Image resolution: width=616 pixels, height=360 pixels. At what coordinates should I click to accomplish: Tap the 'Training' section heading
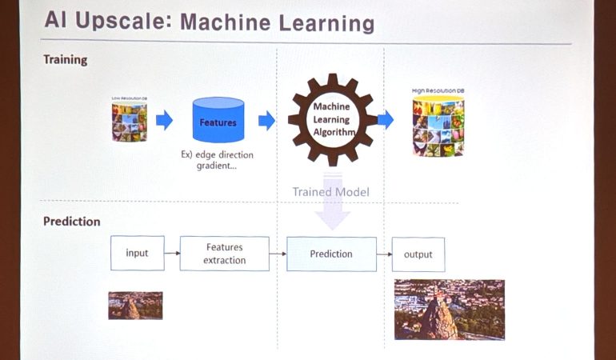coord(65,60)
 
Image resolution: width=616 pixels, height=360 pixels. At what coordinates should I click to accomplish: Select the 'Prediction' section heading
coord(71,222)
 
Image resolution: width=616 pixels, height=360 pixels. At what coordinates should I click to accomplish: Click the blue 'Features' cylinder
coord(218,122)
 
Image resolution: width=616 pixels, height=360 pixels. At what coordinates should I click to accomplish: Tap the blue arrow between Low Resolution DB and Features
coord(165,121)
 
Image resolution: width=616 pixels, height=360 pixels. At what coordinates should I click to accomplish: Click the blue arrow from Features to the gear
coord(266,121)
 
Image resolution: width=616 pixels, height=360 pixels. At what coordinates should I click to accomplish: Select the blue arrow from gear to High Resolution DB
coord(385,120)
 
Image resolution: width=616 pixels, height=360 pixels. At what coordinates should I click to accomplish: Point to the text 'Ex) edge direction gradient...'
coord(218,157)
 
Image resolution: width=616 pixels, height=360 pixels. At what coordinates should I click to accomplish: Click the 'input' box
coord(137,254)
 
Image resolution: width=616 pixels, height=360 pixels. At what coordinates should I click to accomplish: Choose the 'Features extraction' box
coord(224,254)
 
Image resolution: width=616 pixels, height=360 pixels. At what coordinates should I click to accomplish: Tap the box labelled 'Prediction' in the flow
coord(331,254)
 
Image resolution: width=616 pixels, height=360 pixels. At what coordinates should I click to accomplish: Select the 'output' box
coord(418,254)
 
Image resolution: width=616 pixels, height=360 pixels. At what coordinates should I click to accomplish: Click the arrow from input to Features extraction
coord(171,254)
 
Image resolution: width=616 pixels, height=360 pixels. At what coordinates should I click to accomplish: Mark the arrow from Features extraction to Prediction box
coord(278,254)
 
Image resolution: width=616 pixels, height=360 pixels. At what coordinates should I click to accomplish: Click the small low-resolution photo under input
coord(135,306)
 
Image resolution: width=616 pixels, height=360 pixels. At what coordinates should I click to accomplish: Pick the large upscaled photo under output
coord(449,310)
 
